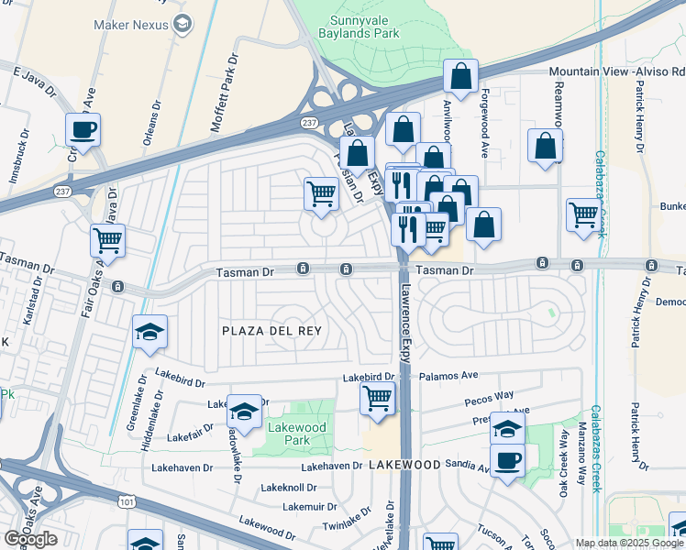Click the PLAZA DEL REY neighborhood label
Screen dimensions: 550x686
tap(272, 330)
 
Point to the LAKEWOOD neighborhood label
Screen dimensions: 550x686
tap(404, 466)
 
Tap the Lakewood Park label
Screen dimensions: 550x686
tap(296, 434)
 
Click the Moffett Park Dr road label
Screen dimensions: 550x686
tap(225, 92)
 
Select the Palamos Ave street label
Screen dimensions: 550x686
tap(449, 376)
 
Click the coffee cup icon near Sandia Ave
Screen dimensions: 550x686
tap(507, 459)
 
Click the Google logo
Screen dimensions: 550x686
tap(31, 539)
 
